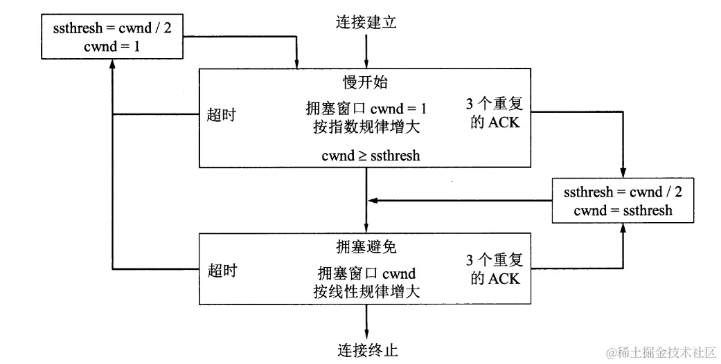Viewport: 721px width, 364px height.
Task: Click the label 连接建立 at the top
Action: (x=366, y=23)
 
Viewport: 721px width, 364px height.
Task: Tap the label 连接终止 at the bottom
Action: (x=367, y=349)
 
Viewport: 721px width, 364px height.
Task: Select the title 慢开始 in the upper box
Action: (x=366, y=82)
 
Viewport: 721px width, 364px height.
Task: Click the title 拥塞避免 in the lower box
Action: (x=366, y=247)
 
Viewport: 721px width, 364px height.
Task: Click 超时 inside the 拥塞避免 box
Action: (x=222, y=271)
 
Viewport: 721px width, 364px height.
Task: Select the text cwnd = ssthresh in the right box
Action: (x=623, y=210)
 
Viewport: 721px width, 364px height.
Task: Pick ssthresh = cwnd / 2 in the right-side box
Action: (x=623, y=192)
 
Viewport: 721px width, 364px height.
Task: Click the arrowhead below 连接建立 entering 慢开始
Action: (x=366, y=63)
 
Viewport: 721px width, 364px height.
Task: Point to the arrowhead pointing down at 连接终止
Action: (x=366, y=333)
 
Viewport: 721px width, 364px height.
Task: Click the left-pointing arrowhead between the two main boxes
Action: (x=373, y=201)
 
